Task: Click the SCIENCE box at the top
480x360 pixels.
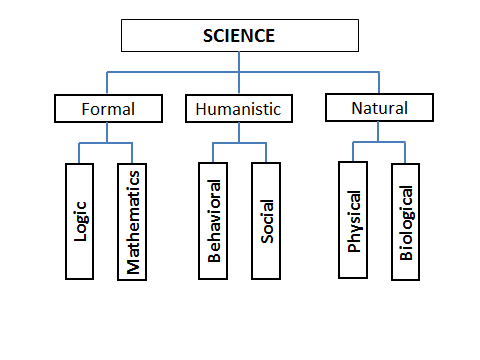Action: (x=239, y=35)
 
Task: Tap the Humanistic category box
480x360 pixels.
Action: (x=239, y=107)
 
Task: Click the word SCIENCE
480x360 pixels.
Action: (x=239, y=36)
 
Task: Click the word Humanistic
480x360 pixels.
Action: (x=239, y=107)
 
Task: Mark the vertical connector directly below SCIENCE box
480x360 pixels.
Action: (x=240, y=60)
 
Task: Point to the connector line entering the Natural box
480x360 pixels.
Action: (x=379, y=82)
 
